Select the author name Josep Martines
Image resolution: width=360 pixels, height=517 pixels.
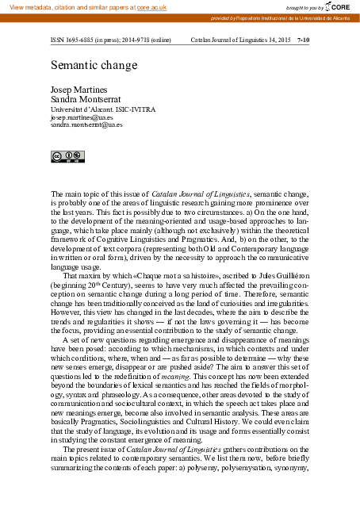pyautogui.click(x=77, y=90)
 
